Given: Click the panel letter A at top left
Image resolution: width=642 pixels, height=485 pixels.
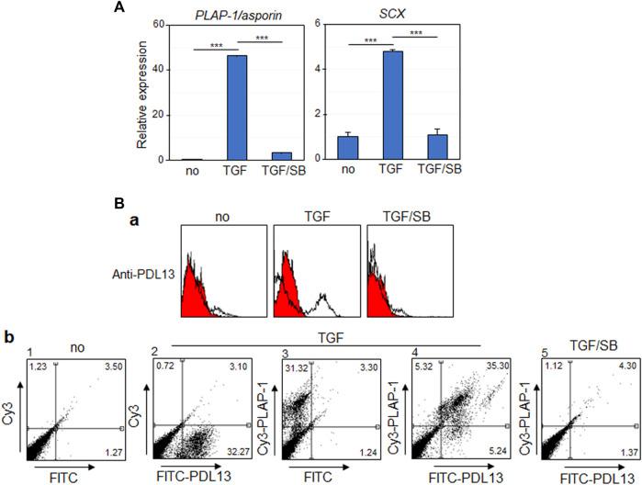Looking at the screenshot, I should click(144, 8).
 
